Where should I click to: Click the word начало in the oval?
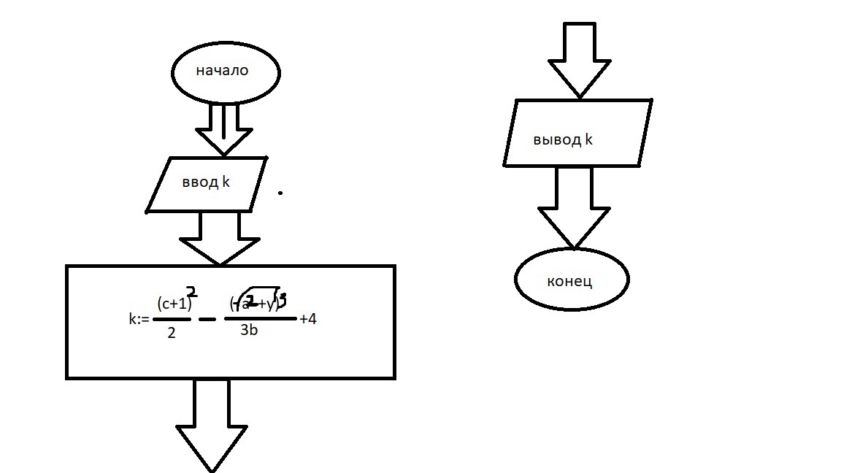click(222, 71)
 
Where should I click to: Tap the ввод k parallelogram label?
click(206, 182)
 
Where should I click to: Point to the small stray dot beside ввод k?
click(280, 193)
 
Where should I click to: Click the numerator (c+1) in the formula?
click(174, 304)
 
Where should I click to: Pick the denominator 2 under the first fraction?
click(171, 334)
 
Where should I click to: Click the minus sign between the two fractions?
click(207, 320)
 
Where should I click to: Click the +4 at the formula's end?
click(307, 319)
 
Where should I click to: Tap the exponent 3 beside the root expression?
click(283, 298)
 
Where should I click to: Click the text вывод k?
click(563, 140)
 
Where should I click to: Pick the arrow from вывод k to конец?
click(574, 207)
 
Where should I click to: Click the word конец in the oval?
click(569, 281)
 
